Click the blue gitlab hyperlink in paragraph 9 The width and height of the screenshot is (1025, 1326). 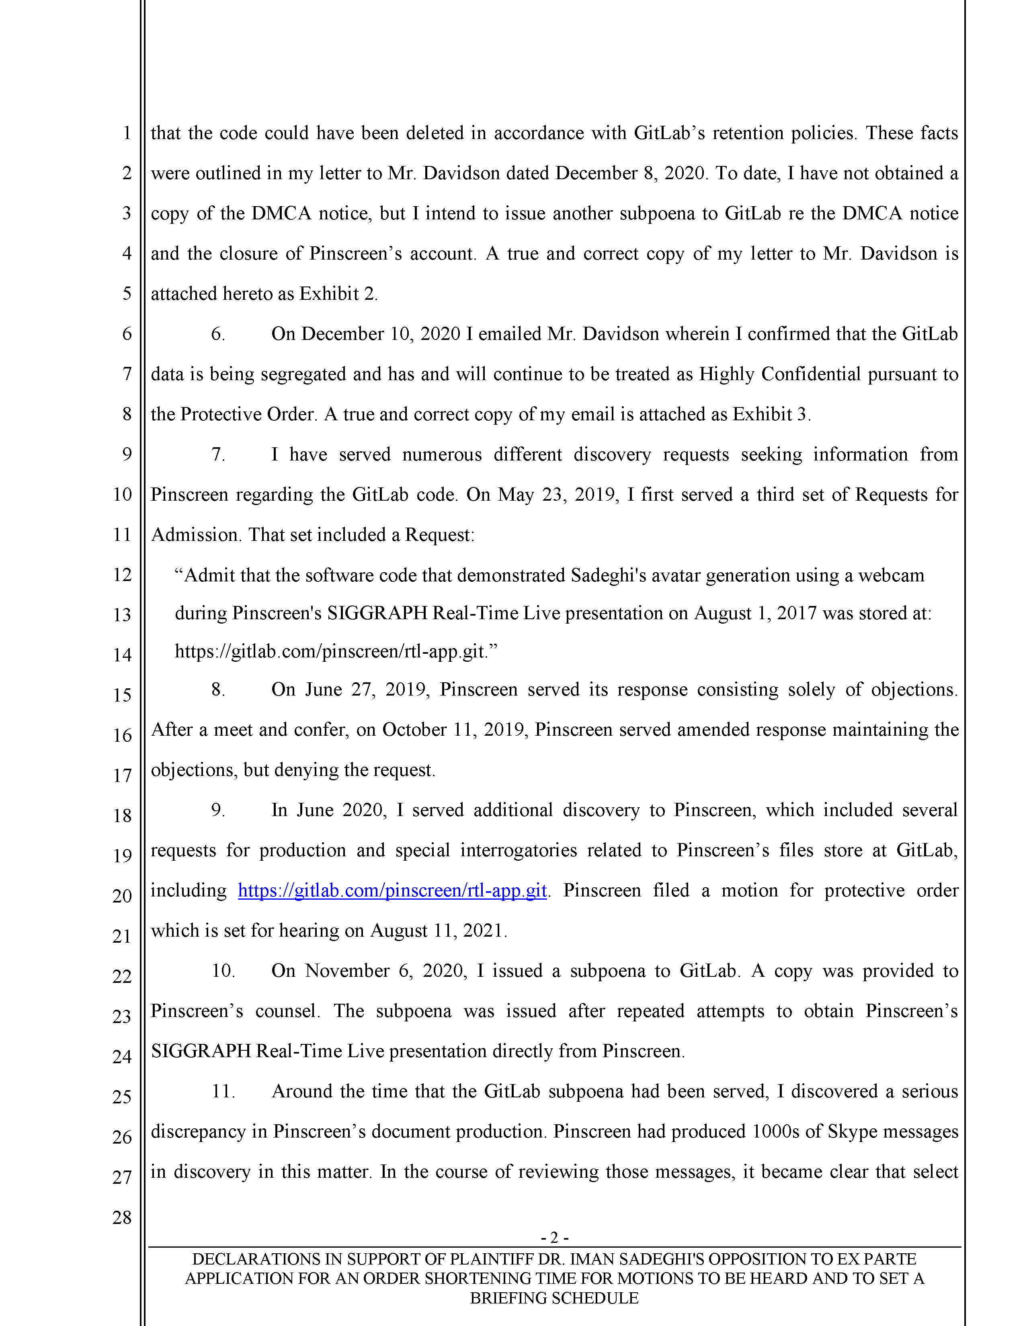click(392, 891)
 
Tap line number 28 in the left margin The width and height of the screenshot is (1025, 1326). click(122, 1218)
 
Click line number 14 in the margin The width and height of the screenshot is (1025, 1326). click(122, 655)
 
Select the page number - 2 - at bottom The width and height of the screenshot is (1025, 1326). click(554, 1237)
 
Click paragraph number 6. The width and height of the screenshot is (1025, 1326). click(218, 334)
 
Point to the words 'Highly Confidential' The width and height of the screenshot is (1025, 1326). click(780, 374)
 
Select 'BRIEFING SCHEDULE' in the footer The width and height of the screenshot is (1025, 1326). click(554, 1298)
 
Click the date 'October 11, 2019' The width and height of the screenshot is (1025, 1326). click(455, 730)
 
